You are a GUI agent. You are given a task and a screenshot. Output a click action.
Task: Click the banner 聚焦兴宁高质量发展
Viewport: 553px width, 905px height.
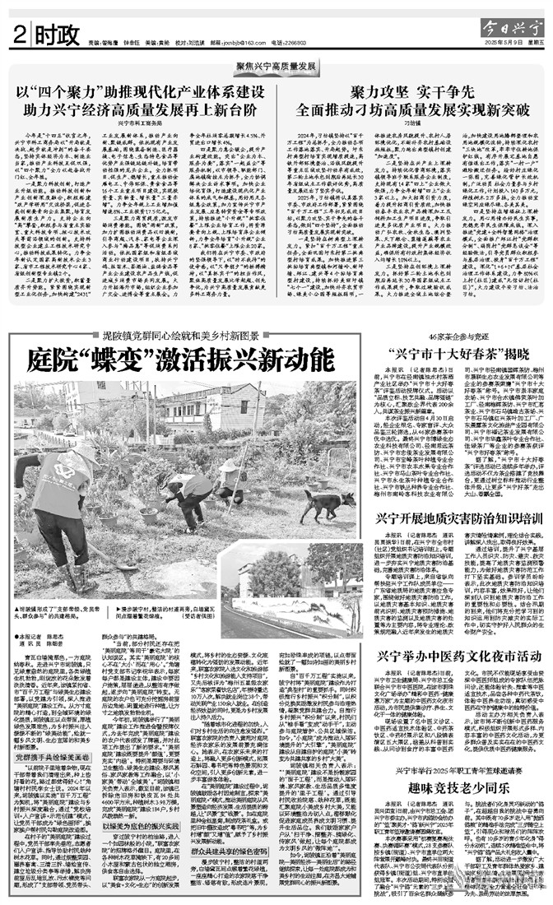[x=276, y=65]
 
